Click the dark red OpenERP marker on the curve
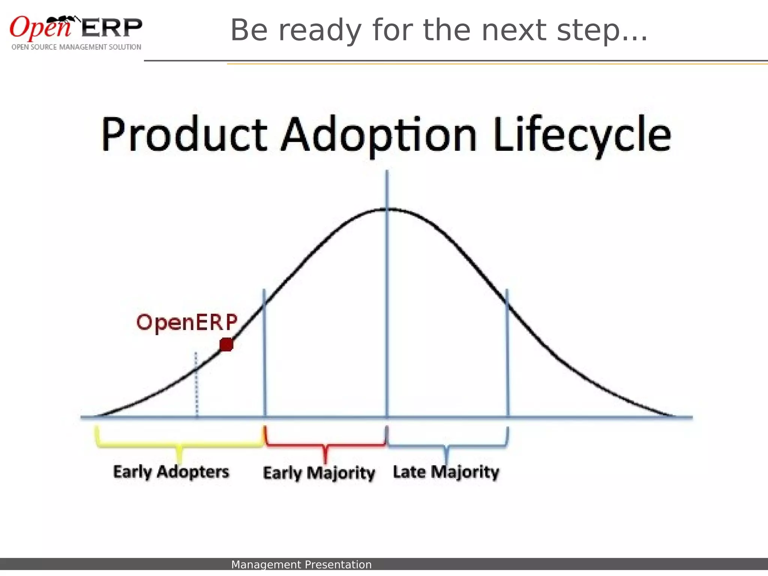click(x=226, y=344)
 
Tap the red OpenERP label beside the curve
click(x=187, y=322)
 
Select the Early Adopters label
click(x=171, y=472)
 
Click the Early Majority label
click(x=319, y=473)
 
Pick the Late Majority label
click(x=446, y=472)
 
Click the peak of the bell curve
click(x=387, y=209)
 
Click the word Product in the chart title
click(x=184, y=135)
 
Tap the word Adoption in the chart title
click(x=379, y=136)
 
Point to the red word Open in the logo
click(x=39, y=28)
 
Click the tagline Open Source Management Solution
click(x=76, y=47)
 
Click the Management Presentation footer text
click(x=301, y=565)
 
